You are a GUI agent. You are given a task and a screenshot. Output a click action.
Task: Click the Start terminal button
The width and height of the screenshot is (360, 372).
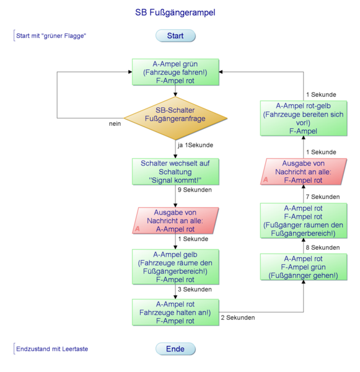tap(175, 36)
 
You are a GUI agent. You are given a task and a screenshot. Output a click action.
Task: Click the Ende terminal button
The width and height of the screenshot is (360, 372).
tap(175, 349)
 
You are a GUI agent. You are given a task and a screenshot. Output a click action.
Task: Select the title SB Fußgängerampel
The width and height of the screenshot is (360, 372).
tap(175, 12)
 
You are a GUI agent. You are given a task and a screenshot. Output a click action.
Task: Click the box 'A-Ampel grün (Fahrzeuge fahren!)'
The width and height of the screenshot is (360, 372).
tap(175, 72)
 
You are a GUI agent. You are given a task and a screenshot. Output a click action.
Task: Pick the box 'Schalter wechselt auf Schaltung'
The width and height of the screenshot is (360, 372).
tap(175, 172)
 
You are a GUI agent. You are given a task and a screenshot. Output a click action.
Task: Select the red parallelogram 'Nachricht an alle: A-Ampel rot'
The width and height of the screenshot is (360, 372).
tap(175, 221)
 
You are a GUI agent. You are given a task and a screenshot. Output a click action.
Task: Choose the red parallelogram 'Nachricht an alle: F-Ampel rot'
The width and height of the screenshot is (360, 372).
tap(303, 172)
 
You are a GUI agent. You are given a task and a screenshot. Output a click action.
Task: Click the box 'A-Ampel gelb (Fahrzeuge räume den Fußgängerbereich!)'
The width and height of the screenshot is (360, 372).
tap(175, 267)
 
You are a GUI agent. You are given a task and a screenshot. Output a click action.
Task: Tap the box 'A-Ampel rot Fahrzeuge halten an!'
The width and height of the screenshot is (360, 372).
tap(175, 312)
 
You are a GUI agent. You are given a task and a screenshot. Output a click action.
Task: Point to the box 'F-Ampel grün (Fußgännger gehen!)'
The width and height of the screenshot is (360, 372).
tap(303, 267)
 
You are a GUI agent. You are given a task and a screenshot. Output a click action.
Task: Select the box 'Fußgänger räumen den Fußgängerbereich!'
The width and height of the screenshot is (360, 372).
tap(303, 221)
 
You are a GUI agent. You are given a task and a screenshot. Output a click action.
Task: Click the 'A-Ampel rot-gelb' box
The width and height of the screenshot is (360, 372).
tap(303, 118)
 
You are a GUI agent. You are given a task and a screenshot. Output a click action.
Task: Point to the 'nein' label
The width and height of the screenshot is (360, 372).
tap(115, 123)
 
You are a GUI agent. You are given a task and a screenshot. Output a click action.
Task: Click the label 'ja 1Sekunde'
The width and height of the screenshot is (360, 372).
tap(195, 145)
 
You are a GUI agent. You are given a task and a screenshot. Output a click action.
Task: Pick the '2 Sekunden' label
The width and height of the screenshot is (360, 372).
tap(238, 317)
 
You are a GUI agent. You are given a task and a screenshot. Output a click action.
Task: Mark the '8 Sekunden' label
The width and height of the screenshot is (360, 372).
tap(323, 247)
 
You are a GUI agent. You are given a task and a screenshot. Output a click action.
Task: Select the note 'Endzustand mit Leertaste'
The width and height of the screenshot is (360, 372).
tap(52, 349)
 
